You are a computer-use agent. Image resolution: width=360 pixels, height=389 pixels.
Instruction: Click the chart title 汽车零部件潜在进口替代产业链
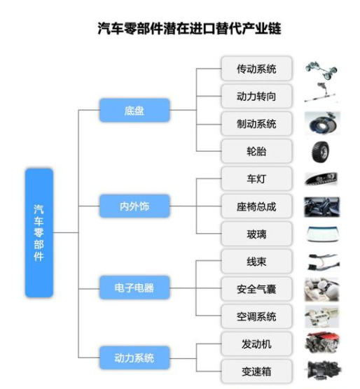point(189,28)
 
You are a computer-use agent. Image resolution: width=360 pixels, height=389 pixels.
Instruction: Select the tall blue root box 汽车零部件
point(39,233)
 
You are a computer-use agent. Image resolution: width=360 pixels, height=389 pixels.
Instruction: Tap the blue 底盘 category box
point(134,110)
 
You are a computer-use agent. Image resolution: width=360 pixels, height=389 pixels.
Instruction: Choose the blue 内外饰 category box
point(134,206)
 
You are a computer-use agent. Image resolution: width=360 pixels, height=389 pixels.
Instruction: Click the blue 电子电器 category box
point(134,288)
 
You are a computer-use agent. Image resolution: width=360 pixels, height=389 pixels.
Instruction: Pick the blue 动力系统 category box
point(134,358)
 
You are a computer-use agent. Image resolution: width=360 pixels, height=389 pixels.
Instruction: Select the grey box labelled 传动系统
point(256,69)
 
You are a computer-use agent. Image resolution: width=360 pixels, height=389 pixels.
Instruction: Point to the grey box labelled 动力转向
point(256,96)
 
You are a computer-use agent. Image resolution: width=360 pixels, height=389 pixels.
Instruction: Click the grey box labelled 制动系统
point(256,124)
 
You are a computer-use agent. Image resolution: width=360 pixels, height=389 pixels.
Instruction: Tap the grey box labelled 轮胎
point(256,151)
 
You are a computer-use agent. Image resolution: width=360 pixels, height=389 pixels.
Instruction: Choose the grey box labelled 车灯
point(256,178)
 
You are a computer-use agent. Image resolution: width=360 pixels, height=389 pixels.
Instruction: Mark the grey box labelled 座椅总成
point(256,206)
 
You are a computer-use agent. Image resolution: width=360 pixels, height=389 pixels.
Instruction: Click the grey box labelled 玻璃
point(256,234)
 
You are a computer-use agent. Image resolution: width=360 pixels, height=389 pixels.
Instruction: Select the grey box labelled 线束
point(256,262)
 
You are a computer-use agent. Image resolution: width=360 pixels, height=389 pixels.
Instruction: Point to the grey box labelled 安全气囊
point(256,289)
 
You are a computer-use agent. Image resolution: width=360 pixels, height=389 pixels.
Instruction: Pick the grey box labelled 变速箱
point(256,372)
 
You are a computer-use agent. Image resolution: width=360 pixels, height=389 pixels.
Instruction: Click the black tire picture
point(321,152)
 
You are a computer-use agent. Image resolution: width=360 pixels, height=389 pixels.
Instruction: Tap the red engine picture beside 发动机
point(322,343)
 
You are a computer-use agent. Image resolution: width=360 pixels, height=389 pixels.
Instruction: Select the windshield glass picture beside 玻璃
point(322,234)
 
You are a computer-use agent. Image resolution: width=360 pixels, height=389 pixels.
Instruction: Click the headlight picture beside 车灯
point(321,179)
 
